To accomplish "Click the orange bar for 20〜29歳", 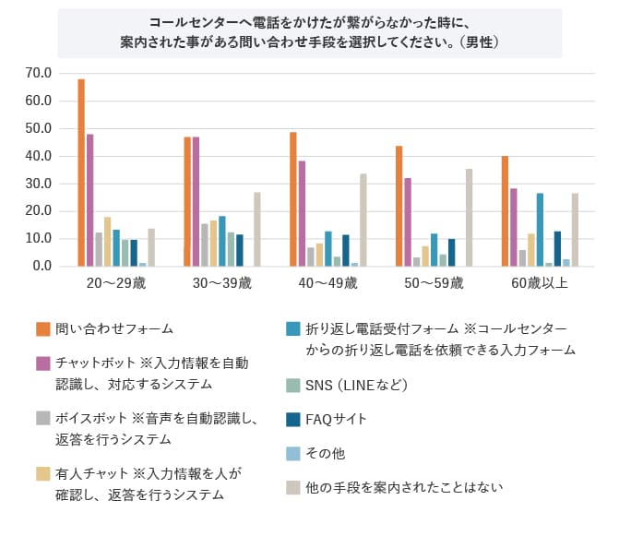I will pos(81,173).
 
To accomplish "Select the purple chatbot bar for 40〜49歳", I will pos(302,213).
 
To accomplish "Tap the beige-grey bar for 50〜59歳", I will pos(469,218).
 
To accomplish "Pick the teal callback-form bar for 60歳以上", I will pos(540,230).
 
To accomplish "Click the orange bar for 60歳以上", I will pos(505,211).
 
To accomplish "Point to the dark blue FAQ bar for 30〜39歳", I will pos(240,250).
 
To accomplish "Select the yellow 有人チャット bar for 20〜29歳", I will pos(107,242).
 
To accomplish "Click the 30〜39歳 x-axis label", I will pos(221,283).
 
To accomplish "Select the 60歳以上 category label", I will pos(540,283).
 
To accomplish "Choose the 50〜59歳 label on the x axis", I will pos(434,283).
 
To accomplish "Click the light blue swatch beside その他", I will pos(292,454).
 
